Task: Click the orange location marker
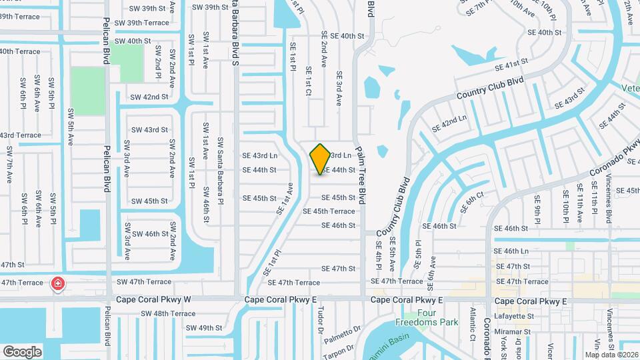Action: (x=320, y=159)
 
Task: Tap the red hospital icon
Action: (x=58, y=284)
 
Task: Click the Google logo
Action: (x=22, y=351)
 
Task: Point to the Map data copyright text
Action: (x=610, y=355)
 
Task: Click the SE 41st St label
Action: (x=511, y=65)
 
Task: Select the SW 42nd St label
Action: (x=149, y=97)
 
